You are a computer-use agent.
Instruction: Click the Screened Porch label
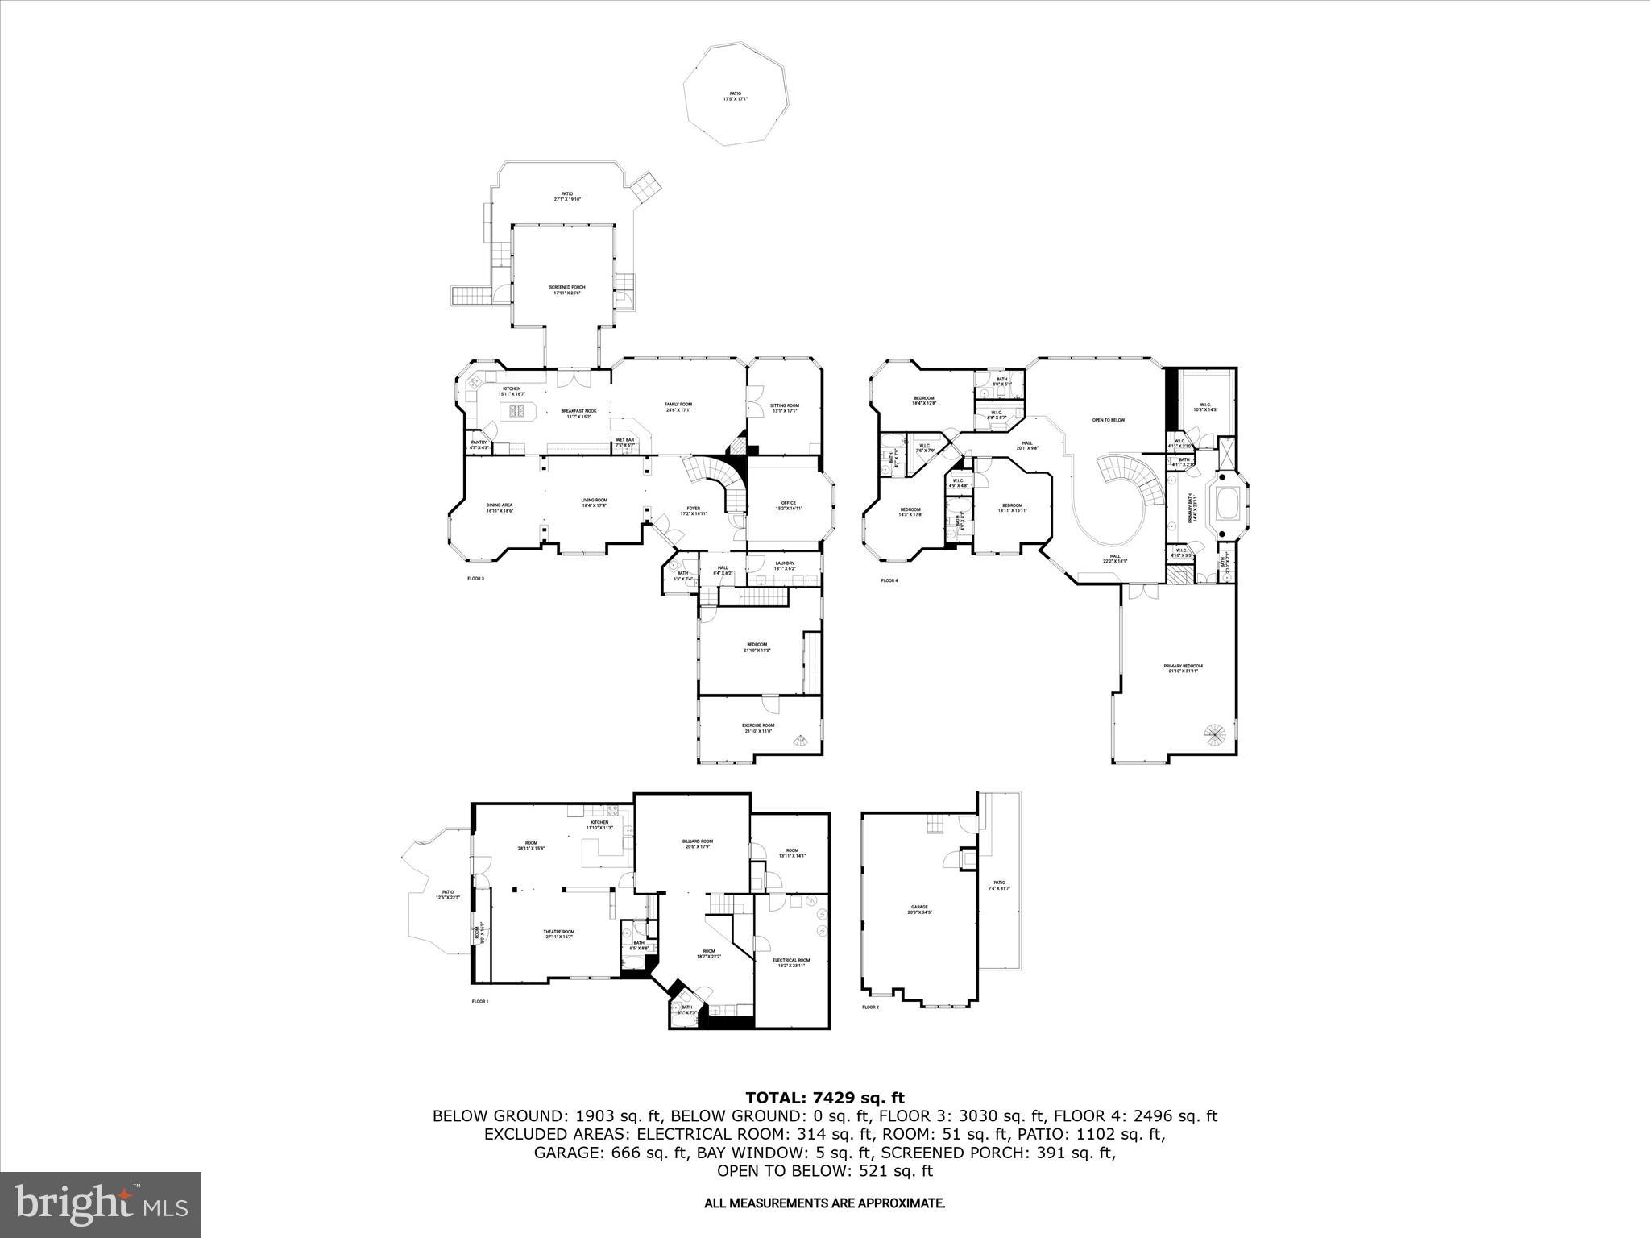point(566,289)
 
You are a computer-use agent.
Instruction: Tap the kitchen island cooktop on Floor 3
point(516,413)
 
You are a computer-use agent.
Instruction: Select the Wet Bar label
point(625,442)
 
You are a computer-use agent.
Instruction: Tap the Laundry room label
point(785,566)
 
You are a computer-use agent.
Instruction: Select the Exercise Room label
point(757,728)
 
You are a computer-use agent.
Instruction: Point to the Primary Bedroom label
point(1183,668)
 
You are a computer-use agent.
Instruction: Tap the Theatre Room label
point(559,933)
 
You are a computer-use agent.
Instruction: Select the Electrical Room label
point(790,962)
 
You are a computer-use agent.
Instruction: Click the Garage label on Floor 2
point(919,909)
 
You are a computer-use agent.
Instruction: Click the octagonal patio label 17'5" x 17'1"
point(735,96)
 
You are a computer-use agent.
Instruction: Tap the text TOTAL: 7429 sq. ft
point(825,1097)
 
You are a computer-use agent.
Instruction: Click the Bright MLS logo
point(101,1205)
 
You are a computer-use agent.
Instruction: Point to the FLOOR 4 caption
point(889,580)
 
